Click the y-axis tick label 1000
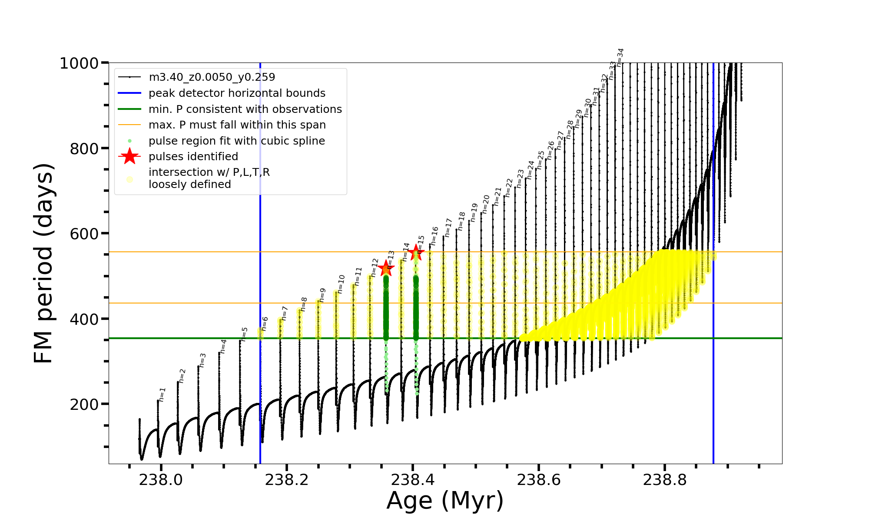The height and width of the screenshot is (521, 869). point(79,63)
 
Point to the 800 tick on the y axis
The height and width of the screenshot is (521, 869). point(84,148)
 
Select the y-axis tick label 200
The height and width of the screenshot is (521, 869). point(84,404)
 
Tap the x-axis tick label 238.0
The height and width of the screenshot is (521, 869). point(161,480)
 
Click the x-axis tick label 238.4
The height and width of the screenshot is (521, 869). point(413,480)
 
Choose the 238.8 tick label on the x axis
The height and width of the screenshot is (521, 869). point(665,480)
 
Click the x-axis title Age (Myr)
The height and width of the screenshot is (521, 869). point(445,501)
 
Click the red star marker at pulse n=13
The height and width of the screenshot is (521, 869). point(385,268)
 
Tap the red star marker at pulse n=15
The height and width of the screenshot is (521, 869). point(416,252)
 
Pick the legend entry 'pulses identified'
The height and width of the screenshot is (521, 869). point(193,157)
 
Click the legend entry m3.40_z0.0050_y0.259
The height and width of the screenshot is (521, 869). point(212,77)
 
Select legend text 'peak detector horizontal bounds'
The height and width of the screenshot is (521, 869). point(237,93)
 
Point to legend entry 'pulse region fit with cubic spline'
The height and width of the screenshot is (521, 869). point(236,141)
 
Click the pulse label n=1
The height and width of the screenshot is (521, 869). point(162,394)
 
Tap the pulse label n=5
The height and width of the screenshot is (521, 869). point(245,334)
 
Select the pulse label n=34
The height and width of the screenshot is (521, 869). point(620,57)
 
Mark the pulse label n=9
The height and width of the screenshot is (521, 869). point(322,295)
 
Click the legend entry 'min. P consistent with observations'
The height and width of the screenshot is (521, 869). point(245,109)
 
